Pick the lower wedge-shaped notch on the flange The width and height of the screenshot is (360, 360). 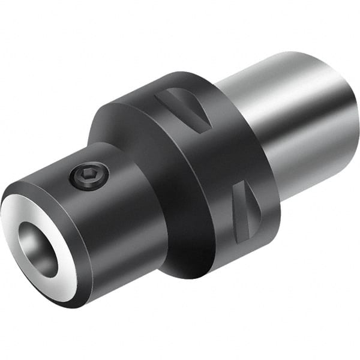(x=243, y=209)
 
